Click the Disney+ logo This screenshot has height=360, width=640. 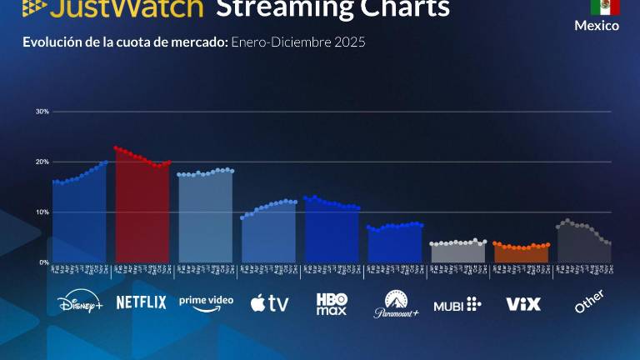80,303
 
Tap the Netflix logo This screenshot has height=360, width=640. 141,302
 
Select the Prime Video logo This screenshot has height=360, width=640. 206,302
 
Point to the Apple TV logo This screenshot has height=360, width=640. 269,303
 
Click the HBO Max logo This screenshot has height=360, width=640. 332,303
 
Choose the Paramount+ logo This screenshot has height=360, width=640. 395,304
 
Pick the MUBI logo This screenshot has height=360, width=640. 457,303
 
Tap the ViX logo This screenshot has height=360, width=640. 523,303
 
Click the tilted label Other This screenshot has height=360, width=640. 589,301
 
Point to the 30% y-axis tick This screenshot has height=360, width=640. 42,111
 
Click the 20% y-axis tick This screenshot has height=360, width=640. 42,162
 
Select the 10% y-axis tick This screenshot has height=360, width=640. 42,212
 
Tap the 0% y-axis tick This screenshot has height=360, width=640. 44,262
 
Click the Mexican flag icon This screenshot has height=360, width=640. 605,7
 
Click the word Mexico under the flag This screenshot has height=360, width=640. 597,26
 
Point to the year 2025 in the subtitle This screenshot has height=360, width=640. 349,42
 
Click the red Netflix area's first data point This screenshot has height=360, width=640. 116,148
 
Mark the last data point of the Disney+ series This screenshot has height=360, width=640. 106,162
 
